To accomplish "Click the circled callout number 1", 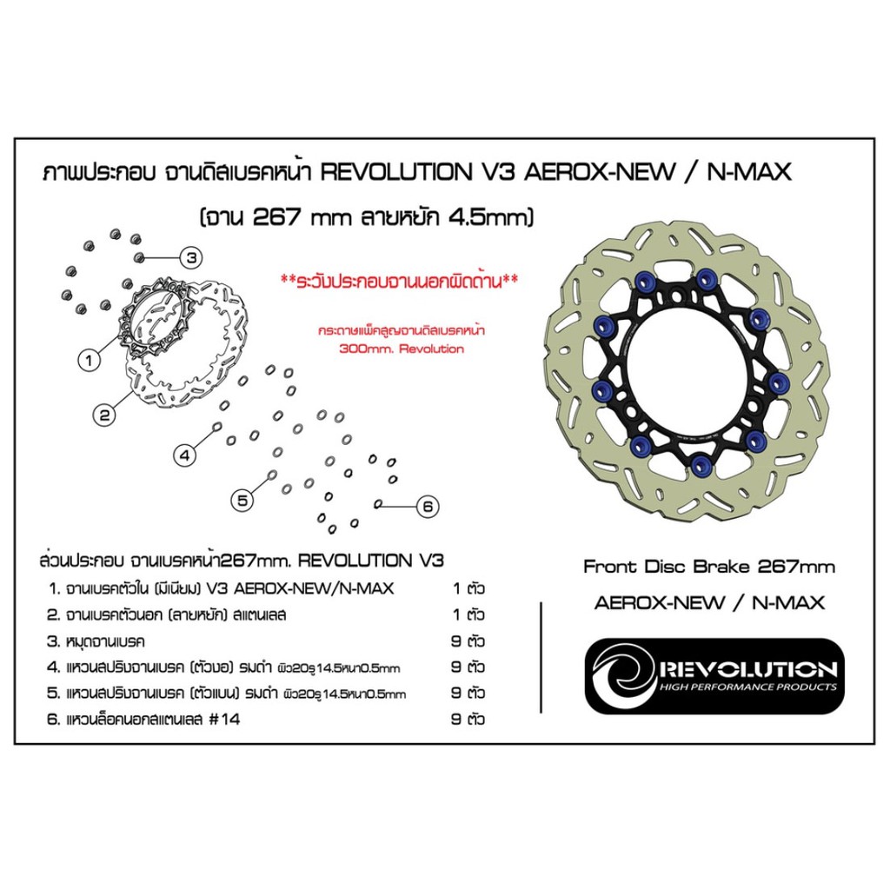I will click(x=89, y=356).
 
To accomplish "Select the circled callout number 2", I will click(x=105, y=415).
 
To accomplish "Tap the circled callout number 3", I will click(x=191, y=256).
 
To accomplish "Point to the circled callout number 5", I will click(x=243, y=498).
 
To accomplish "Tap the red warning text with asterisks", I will click(x=400, y=282).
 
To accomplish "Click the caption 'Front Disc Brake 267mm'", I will click(x=708, y=567).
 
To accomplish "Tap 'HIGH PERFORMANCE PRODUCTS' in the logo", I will click(x=748, y=687).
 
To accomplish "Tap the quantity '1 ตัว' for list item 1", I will click(x=468, y=588).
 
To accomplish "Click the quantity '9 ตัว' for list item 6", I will click(x=468, y=719).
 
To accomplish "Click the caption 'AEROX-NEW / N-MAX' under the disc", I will click(x=709, y=602).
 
